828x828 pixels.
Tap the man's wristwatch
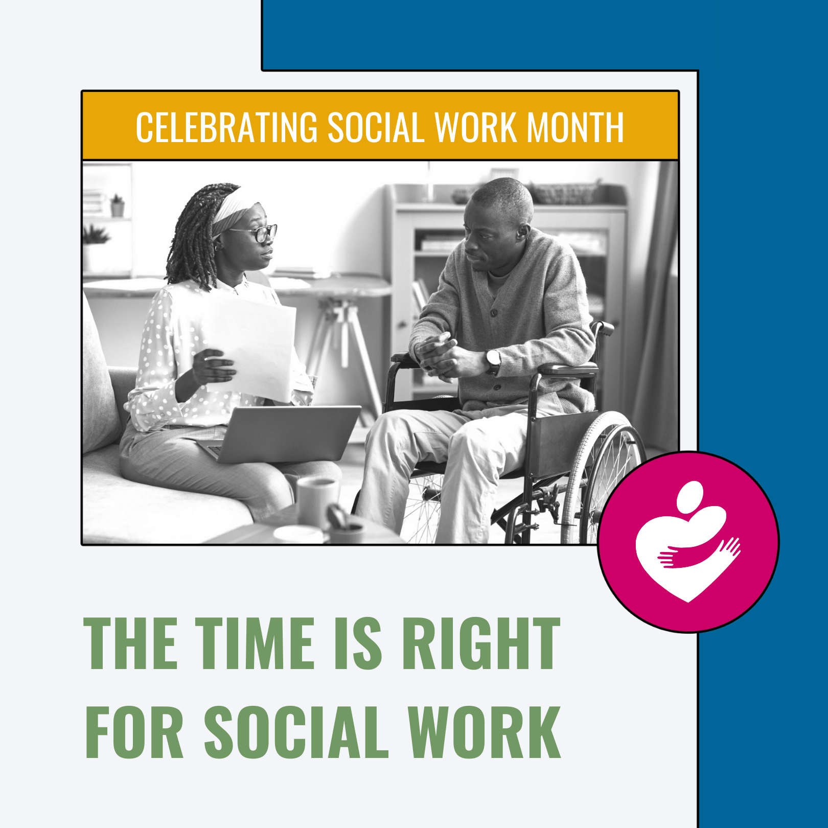[493, 361]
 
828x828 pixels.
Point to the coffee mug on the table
[317, 501]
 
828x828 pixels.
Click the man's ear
[522, 233]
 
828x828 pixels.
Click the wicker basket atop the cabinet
[565, 193]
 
